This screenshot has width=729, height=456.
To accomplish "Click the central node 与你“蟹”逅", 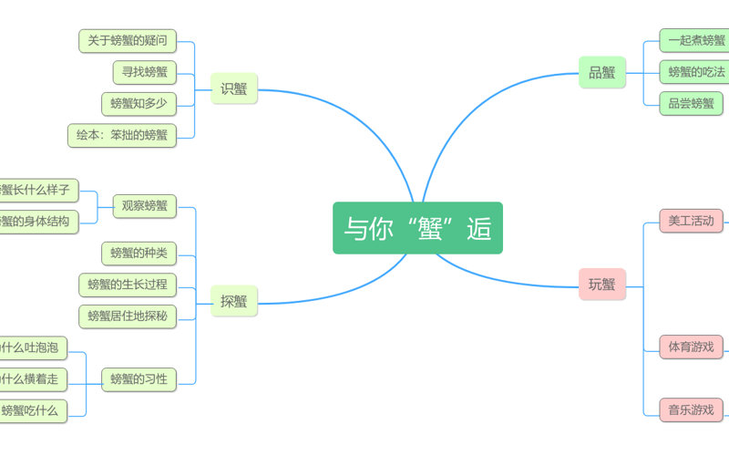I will [x=417, y=228].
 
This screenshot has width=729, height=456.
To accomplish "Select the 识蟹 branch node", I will [x=234, y=88].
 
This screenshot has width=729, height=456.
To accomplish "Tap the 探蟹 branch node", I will [x=234, y=300].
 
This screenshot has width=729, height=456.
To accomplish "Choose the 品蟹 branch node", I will [x=602, y=72].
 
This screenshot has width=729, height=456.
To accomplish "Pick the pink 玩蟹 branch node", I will [x=602, y=284].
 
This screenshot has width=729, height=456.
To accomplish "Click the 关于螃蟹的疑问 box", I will [x=128, y=40].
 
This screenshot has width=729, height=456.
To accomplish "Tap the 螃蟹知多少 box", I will [x=139, y=103].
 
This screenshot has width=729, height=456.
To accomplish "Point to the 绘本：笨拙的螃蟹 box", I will [x=122, y=135].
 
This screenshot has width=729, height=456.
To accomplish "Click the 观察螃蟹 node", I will [x=145, y=205].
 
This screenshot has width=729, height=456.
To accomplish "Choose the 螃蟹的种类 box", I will [x=139, y=253].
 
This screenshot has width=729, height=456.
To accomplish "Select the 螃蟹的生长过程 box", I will [x=128, y=285].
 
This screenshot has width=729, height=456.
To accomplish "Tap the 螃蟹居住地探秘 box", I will [x=128, y=316].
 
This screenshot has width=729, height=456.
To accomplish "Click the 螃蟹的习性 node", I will [x=139, y=378].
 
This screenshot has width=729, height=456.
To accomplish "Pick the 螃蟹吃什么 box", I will [x=32, y=410].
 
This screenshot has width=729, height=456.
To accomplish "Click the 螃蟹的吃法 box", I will [x=694, y=71].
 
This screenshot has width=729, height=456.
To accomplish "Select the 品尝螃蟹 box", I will [x=692, y=103].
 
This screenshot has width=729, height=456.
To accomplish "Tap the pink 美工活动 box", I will [x=692, y=221].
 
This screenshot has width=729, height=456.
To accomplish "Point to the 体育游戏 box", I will [x=692, y=347].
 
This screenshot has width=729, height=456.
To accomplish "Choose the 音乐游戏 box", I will [x=692, y=409].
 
